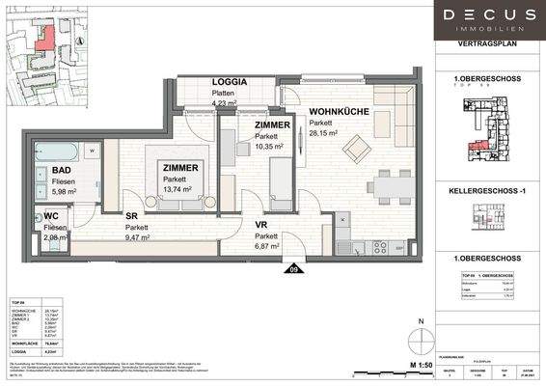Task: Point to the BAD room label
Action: tap(47, 176)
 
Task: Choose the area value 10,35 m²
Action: tap(268, 149)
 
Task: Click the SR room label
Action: tap(131, 216)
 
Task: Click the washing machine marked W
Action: tap(90, 151)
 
